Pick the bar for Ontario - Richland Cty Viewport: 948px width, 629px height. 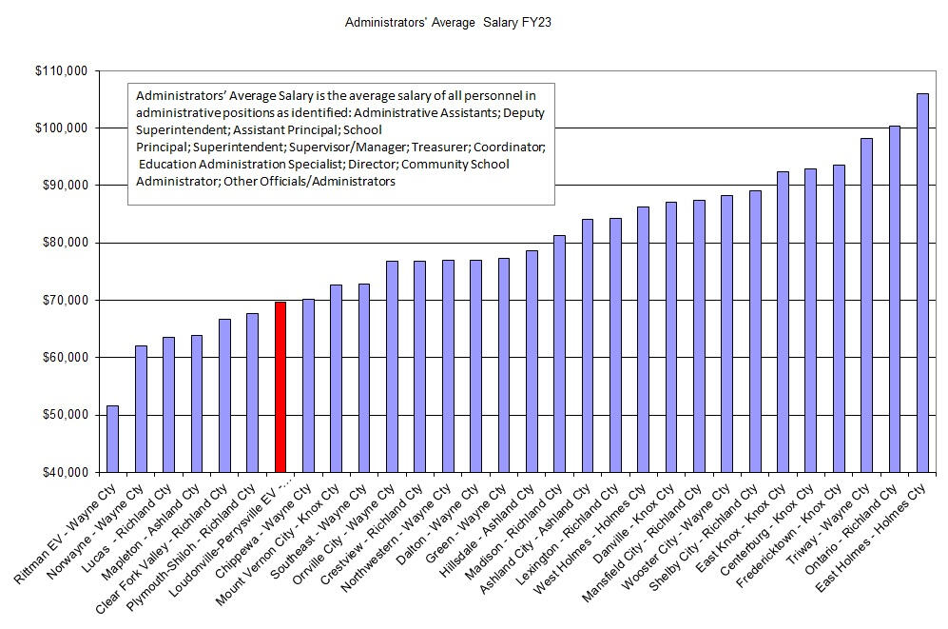click(x=894, y=299)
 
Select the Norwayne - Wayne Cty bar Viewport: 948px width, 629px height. click(x=141, y=408)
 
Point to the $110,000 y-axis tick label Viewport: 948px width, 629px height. click(x=60, y=70)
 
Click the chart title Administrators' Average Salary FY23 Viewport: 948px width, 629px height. click(x=447, y=21)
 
